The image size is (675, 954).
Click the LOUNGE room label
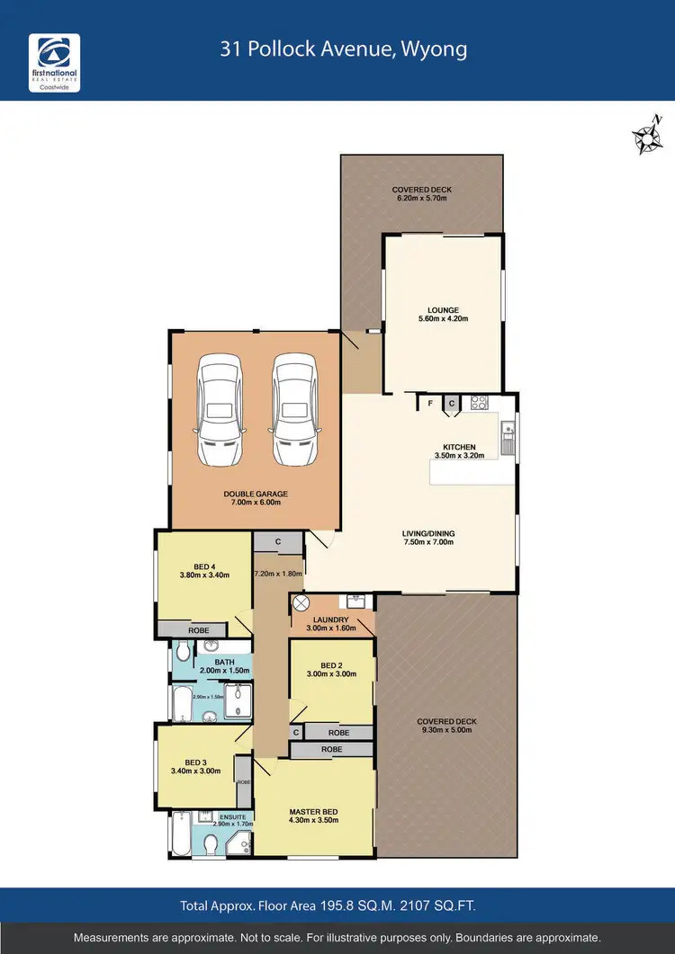[x=443, y=310]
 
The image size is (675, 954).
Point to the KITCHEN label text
[x=459, y=447]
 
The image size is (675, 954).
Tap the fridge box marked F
[x=431, y=403]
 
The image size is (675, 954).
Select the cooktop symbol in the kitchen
[x=479, y=404]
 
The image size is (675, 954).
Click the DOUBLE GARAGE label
[x=256, y=494]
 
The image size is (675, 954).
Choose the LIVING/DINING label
[x=427, y=533]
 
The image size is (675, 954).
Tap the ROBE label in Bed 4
[x=198, y=630]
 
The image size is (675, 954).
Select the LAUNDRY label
[x=331, y=620]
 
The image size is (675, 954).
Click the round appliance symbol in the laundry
[x=302, y=602]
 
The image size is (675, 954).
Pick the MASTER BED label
[x=312, y=810]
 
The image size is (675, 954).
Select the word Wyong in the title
[x=437, y=49]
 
